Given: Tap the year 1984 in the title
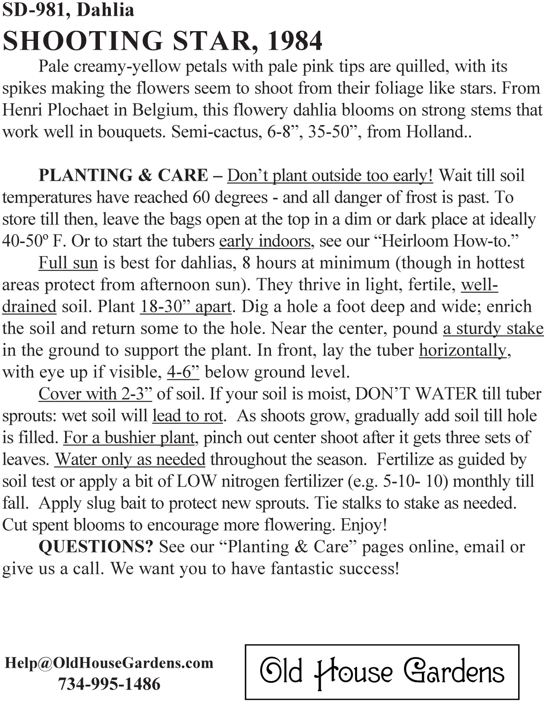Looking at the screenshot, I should click(x=294, y=41).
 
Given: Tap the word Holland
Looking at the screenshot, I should click(x=434, y=132).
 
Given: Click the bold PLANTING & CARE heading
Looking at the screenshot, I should click(x=123, y=176).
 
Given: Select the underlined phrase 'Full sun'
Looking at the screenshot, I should click(x=68, y=263).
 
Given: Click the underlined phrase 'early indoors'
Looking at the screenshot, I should click(x=265, y=241).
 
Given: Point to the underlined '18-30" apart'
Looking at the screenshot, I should click(x=186, y=307).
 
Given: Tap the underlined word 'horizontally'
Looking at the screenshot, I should click(x=462, y=350).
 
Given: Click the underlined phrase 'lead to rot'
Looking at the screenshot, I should click(x=187, y=416).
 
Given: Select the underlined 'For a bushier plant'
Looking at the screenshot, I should click(x=129, y=438).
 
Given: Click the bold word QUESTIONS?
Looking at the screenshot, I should click(x=96, y=547).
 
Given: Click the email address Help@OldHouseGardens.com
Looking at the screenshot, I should click(x=109, y=662).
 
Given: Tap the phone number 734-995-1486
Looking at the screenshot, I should click(x=109, y=684).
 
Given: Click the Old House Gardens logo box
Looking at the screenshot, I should click(x=382, y=672).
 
